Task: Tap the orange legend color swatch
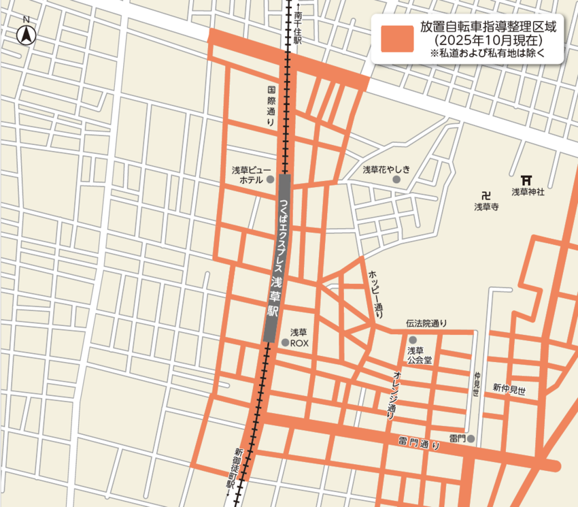(397, 39)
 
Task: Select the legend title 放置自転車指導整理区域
(488, 28)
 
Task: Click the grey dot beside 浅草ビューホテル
(271, 180)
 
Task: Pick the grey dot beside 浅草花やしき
(396, 179)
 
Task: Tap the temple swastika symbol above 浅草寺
(486, 193)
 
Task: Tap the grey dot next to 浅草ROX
(286, 342)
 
